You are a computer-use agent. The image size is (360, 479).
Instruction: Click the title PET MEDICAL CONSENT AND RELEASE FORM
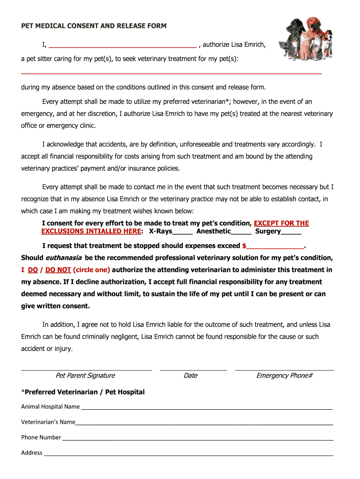(94, 26)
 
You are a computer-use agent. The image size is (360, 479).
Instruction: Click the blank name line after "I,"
(122, 46)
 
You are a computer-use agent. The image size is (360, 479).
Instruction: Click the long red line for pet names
(172, 73)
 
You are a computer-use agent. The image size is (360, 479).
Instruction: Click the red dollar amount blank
(275, 247)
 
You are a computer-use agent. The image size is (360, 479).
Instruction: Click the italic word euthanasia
(64, 258)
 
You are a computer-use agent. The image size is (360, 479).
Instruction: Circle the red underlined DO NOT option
(58, 270)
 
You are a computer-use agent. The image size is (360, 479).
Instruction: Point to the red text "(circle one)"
(92, 270)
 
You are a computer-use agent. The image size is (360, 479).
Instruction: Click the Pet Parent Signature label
(85, 376)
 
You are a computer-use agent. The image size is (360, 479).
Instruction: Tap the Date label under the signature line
(190, 376)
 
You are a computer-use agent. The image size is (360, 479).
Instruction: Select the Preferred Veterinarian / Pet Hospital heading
(83, 392)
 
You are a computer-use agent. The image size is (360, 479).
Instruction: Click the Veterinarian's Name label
(48, 422)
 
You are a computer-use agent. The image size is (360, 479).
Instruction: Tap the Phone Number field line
(197, 439)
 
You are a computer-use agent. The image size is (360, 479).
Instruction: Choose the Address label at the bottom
(31, 453)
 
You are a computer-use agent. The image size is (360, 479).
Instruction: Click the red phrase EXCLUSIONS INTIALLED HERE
(91, 232)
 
